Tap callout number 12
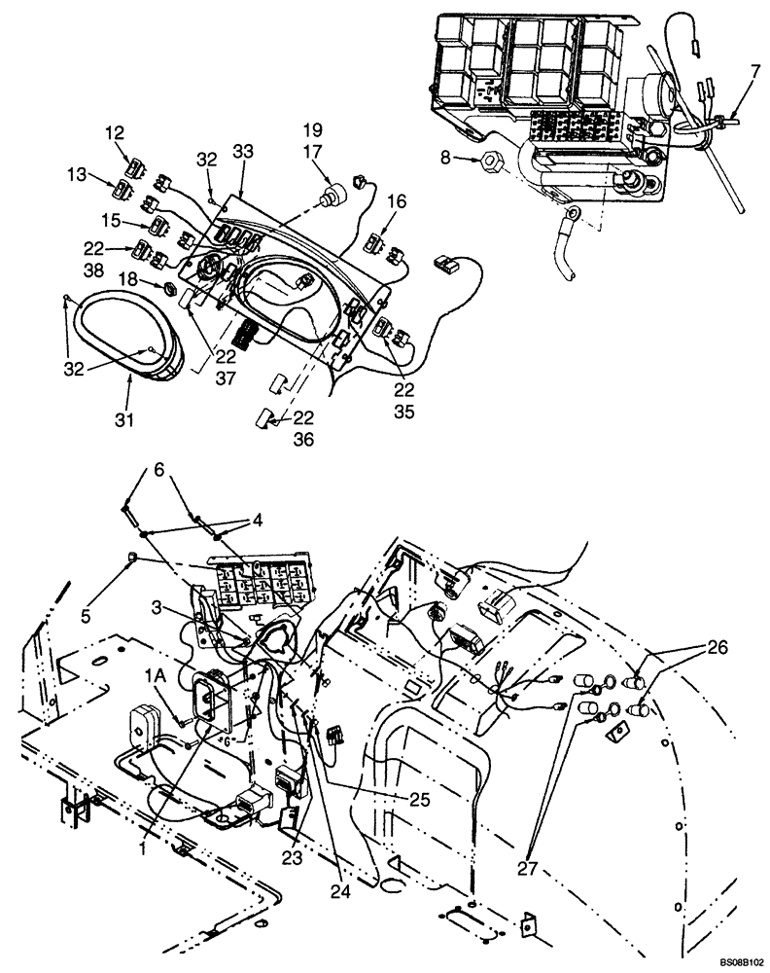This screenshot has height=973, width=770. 115,133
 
